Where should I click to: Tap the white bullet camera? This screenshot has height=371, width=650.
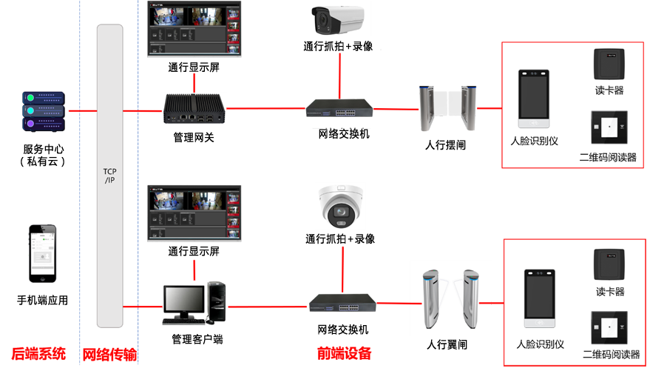pyautogui.click(x=337, y=20)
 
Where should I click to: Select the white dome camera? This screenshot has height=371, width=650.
pyautogui.click(x=339, y=207)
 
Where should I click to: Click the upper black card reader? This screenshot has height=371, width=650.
pyautogui.click(x=612, y=65)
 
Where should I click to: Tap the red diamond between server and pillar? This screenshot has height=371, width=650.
pyautogui.click(x=82, y=111)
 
